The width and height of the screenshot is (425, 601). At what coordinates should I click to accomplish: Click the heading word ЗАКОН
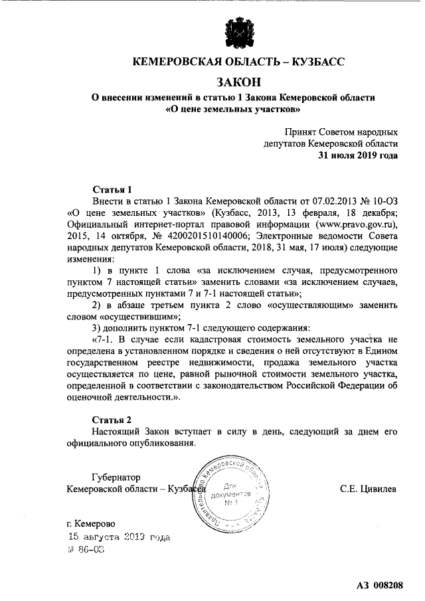240,82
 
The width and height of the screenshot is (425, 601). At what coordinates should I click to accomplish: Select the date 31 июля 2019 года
359,156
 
